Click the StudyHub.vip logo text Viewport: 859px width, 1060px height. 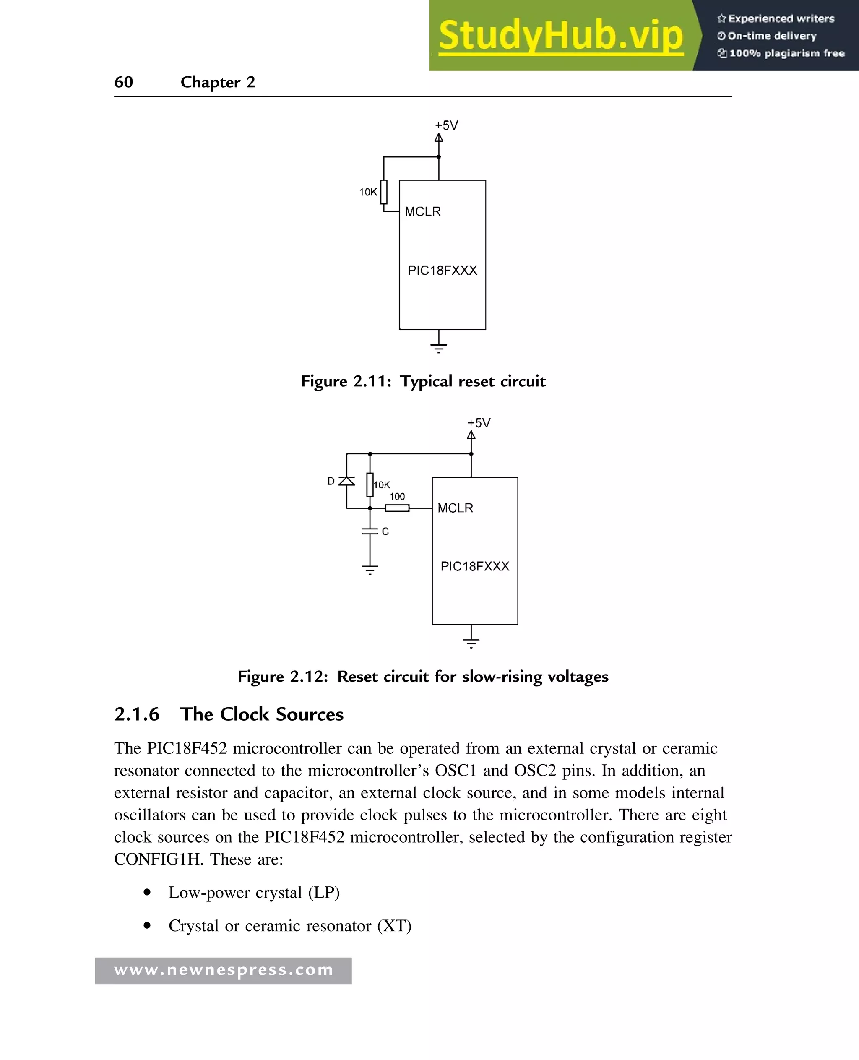[x=561, y=36]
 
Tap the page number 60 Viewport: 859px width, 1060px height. [x=124, y=82]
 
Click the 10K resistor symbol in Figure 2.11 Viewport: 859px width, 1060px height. [x=384, y=192]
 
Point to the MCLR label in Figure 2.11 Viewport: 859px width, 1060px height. [x=422, y=212]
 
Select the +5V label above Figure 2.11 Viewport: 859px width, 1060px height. [x=446, y=126]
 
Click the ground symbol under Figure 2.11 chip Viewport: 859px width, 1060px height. [x=439, y=347]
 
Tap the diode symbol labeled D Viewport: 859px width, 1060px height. [x=347, y=481]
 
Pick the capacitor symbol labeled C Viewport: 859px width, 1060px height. [x=370, y=531]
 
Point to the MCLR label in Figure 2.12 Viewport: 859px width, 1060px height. [x=455, y=508]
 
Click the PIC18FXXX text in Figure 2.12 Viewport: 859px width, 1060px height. [x=474, y=567]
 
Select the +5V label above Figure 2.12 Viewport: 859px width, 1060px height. [x=479, y=423]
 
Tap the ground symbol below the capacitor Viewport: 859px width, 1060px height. [x=370, y=569]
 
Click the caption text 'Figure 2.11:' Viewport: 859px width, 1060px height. [x=346, y=382]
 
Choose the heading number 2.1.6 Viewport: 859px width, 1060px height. [x=137, y=715]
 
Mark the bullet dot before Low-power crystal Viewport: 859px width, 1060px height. [x=147, y=892]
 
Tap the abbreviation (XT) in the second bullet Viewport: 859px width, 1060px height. [x=394, y=926]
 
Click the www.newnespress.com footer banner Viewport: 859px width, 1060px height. [x=223, y=970]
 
